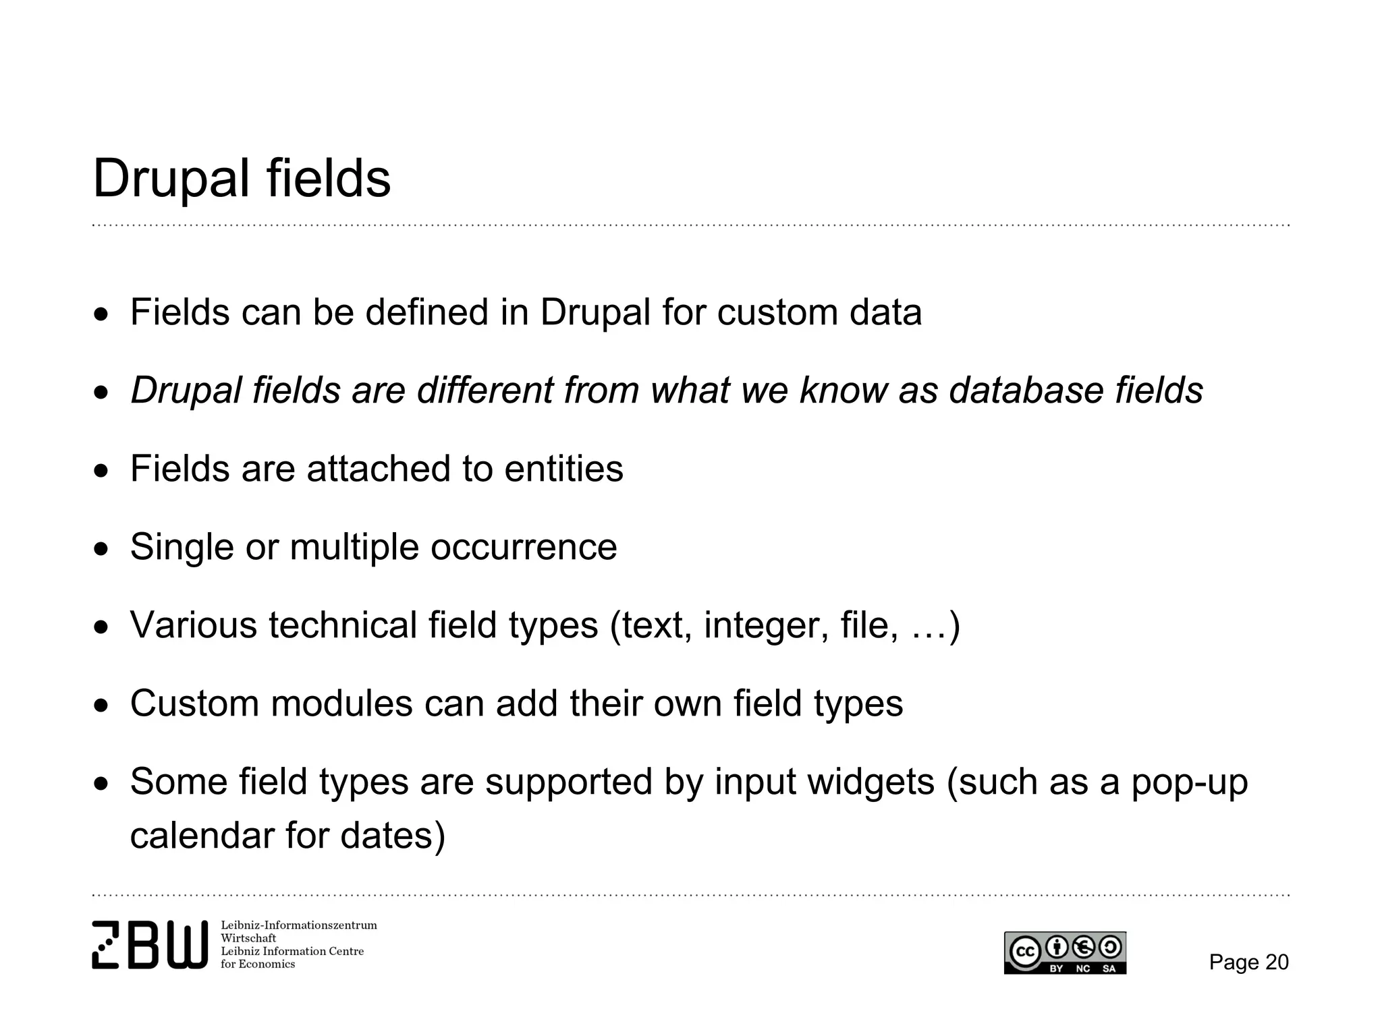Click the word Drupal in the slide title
point(171,179)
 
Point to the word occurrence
point(524,547)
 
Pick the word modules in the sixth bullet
point(341,703)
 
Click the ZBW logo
point(150,945)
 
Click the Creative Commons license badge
point(1065,952)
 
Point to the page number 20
point(1276,962)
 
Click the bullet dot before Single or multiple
point(101,549)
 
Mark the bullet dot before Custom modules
point(101,706)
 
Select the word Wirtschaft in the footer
point(248,938)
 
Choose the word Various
point(194,625)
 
